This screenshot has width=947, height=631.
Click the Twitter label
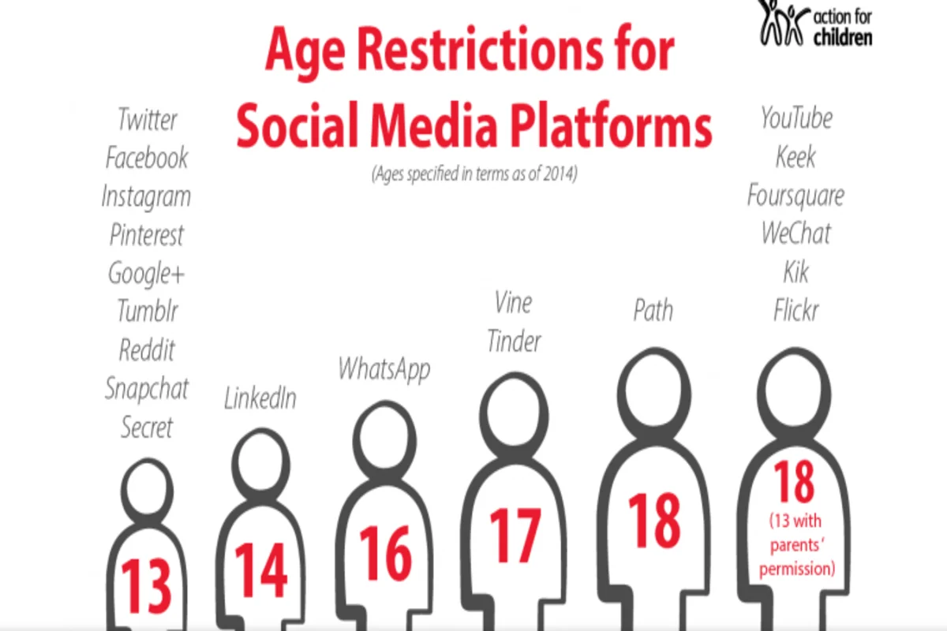click(x=148, y=120)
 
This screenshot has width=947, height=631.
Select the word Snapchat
click(x=147, y=388)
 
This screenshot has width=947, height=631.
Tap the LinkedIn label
click(x=260, y=398)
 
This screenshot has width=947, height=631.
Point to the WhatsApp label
click(x=384, y=369)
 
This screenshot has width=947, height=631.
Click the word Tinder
click(x=514, y=342)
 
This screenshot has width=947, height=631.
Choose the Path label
click(x=653, y=310)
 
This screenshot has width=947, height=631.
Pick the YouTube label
click(x=796, y=118)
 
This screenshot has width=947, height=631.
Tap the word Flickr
click(x=796, y=311)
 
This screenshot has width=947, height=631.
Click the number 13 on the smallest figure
click(x=147, y=586)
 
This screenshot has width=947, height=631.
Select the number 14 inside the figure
click(x=260, y=569)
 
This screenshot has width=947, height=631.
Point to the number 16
click(x=385, y=553)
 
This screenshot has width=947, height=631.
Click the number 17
click(x=515, y=535)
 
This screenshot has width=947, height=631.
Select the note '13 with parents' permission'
click(x=796, y=545)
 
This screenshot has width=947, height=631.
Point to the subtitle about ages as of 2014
click(x=474, y=175)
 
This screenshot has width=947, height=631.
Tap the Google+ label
click(x=147, y=273)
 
